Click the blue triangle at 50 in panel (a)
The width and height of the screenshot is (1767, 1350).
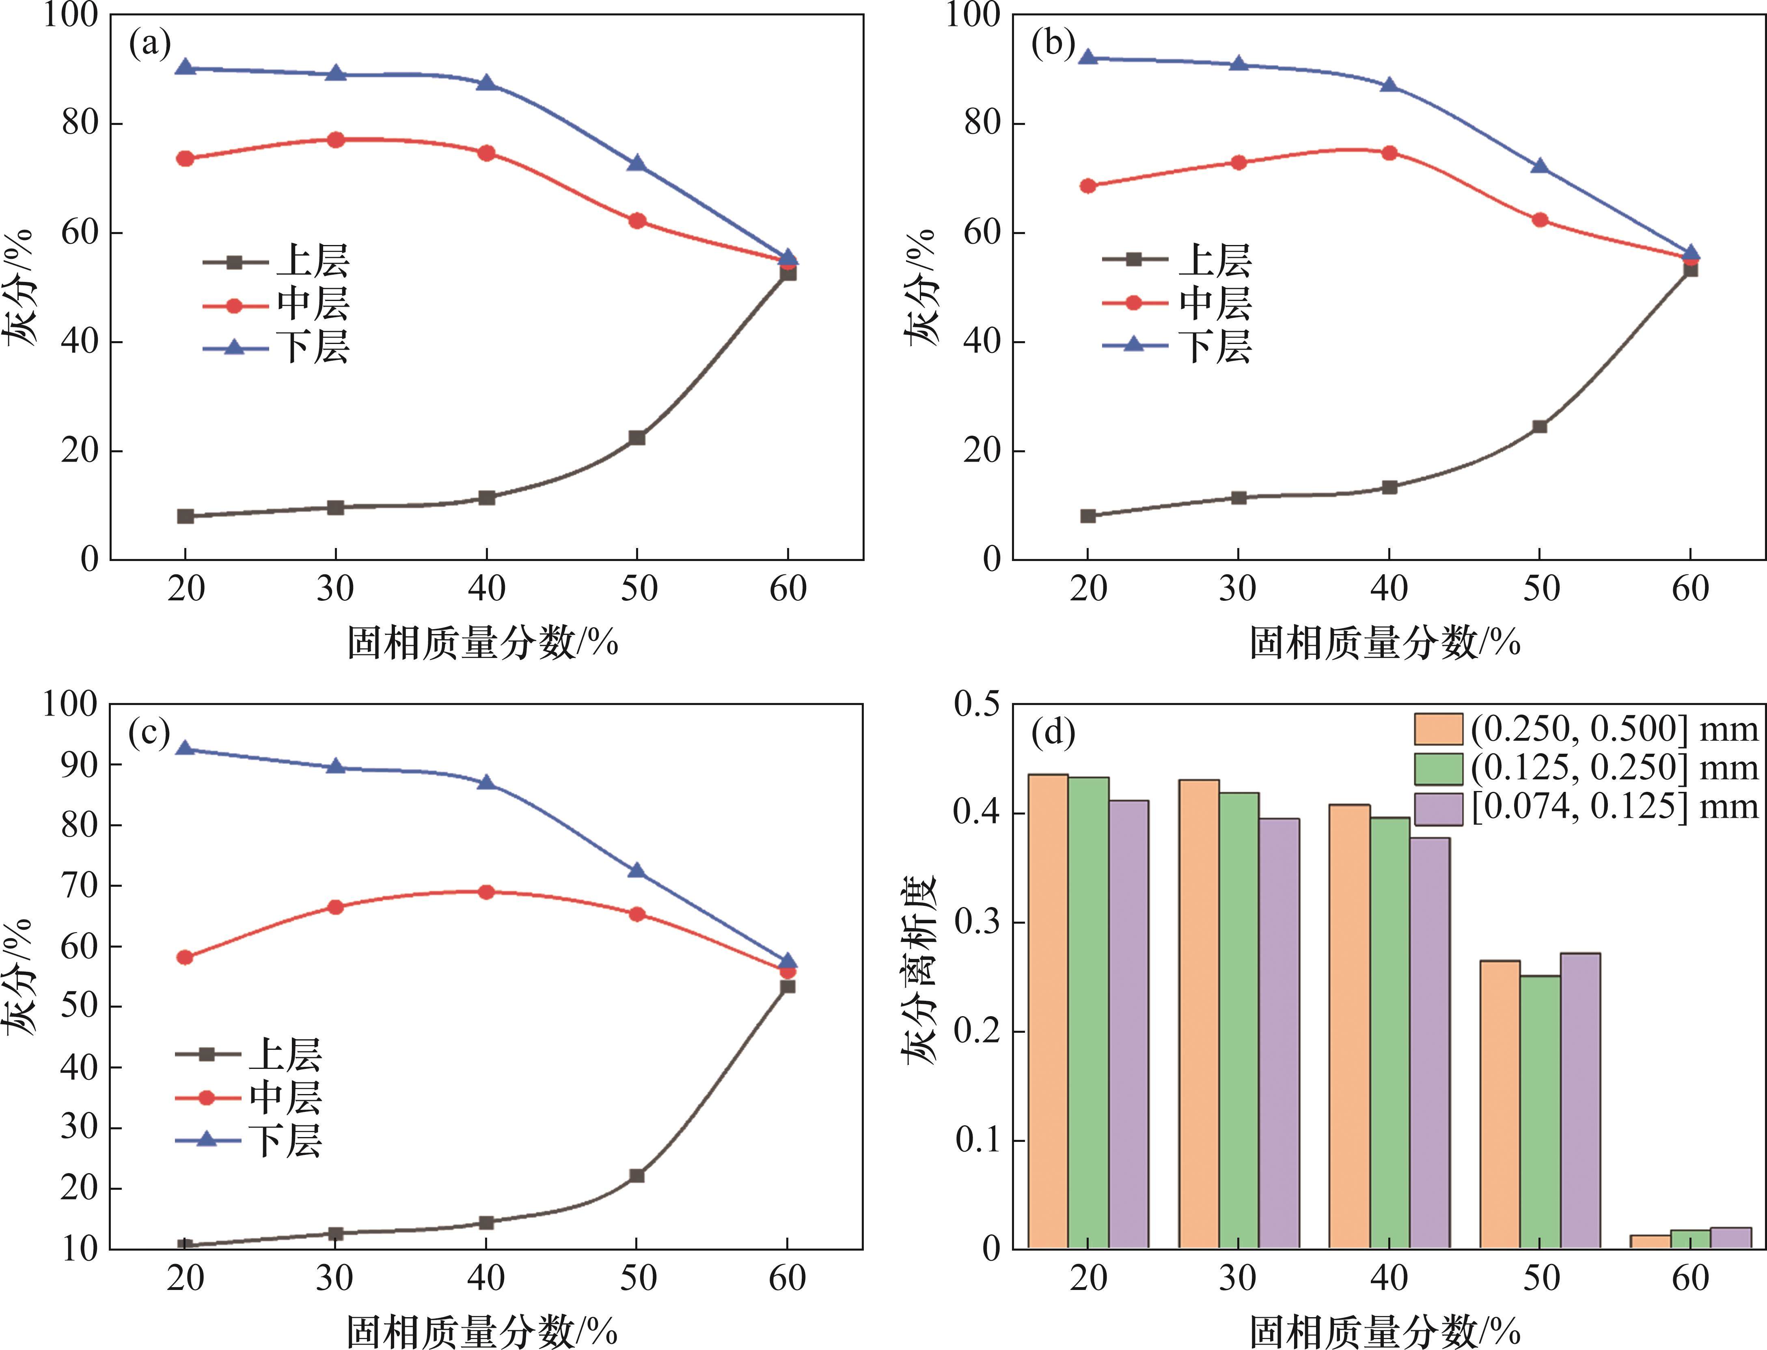[x=637, y=163]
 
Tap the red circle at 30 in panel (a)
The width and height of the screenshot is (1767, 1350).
[x=336, y=140]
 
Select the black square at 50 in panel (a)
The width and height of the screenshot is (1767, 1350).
[x=637, y=438]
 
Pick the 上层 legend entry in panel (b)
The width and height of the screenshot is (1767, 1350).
[x=1178, y=260]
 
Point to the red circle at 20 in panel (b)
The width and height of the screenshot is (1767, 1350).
[x=1088, y=186]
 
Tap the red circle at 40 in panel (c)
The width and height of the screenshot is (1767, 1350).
[x=485, y=892]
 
